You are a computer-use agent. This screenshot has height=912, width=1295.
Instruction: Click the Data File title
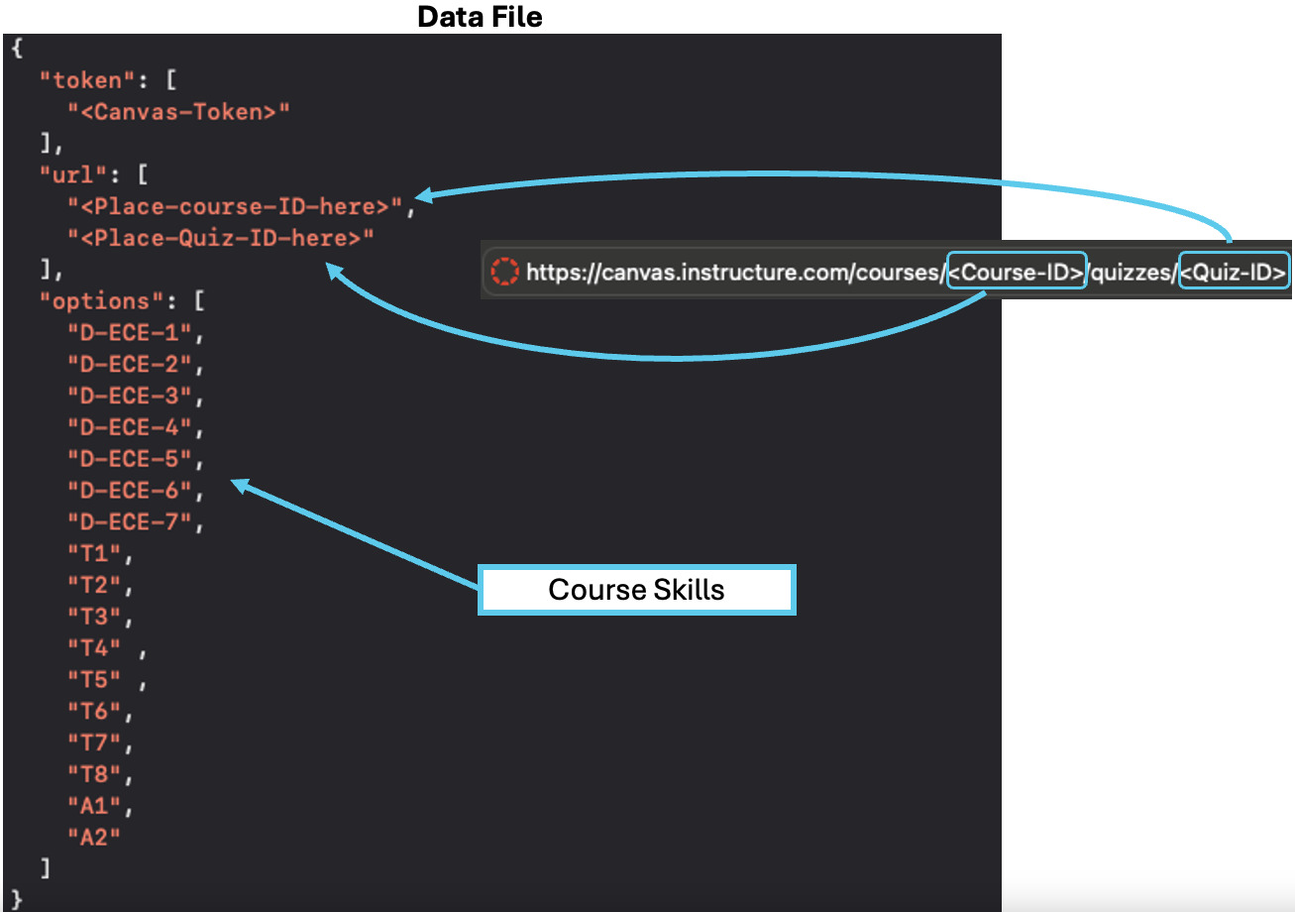coord(480,17)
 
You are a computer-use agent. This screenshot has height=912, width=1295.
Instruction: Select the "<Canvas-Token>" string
coord(178,112)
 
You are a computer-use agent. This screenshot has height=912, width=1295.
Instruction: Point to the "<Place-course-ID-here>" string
coord(237,207)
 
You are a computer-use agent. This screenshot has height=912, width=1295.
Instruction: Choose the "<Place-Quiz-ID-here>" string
coord(221,239)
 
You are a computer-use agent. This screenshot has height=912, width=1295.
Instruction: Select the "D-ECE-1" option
coord(129,333)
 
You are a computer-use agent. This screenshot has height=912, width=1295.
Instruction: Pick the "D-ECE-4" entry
coord(129,427)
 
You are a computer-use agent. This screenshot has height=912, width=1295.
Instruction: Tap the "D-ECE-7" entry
coord(129,522)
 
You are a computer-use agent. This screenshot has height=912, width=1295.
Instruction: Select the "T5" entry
coord(94,679)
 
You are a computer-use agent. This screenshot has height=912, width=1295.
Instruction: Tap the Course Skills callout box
coord(636,590)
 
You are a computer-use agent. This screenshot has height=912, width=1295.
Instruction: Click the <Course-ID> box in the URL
coord(1017,272)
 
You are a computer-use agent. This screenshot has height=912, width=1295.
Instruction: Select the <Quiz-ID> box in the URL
coord(1235,272)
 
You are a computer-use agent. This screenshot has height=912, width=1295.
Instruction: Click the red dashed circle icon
coord(505,272)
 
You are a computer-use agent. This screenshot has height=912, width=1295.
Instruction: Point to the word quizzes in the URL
coord(1133,272)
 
